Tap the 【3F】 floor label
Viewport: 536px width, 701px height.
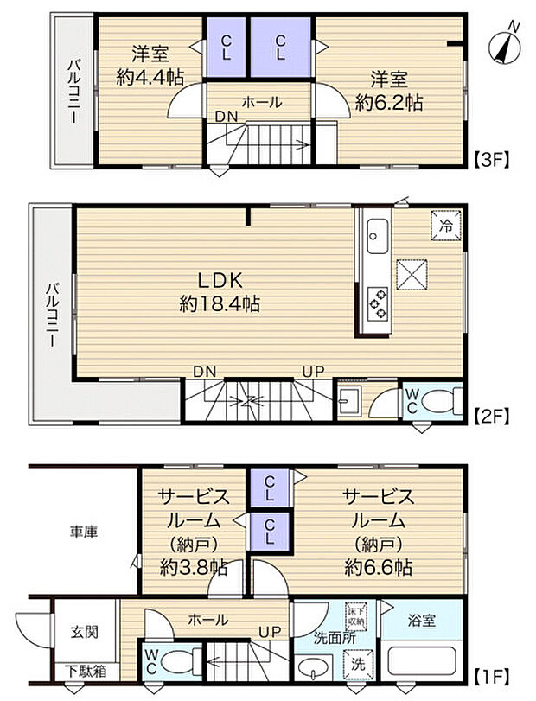pos(493,158)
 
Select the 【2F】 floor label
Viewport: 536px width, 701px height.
pos(493,415)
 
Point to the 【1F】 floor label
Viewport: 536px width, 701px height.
pos(493,672)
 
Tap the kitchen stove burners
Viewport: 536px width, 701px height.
pos(378,301)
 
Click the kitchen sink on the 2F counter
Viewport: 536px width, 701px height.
pos(378,232)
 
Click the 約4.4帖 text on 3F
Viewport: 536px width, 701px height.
pos(150,77)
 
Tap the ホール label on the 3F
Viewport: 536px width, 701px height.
pos(261,102)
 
